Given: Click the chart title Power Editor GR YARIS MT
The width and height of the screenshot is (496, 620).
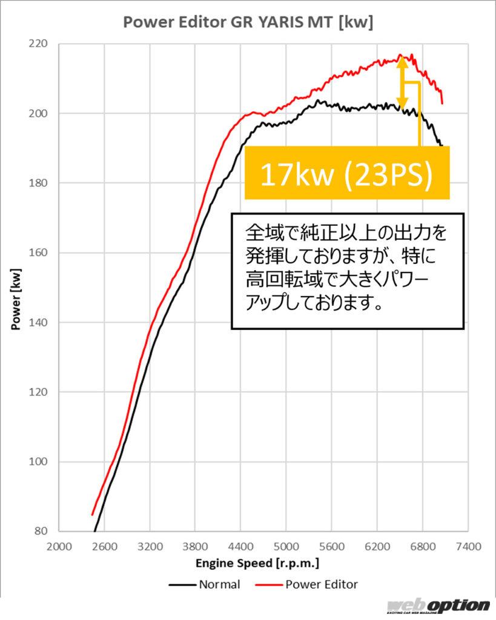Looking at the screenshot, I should pos(248,23).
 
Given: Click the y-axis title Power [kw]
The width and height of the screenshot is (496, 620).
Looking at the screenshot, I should pos(16,298).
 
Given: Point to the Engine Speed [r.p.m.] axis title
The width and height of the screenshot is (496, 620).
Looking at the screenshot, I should pos(257,564).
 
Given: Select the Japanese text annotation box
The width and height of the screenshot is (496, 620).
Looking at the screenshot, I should pos(348,270).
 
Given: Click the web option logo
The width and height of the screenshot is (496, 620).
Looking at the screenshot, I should pos(439,606).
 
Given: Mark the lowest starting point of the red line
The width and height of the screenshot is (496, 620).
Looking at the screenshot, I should pos(93,515).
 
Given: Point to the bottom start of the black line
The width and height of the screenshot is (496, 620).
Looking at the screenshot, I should pos(94,531).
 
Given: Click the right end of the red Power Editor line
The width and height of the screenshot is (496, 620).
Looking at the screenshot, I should pos(442,103).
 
